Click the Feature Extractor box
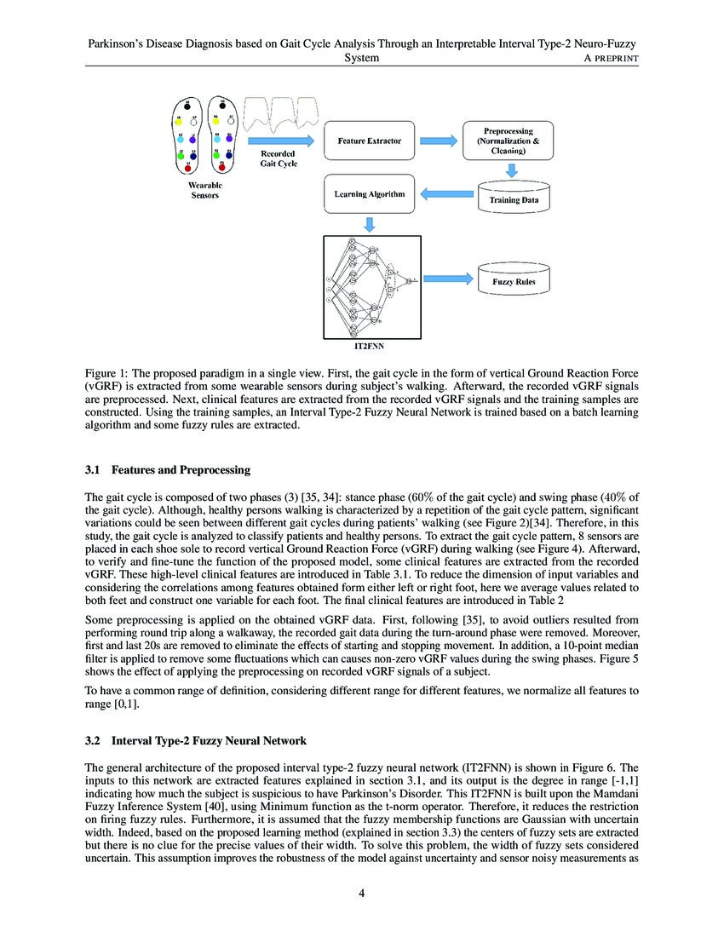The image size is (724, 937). [370, 140]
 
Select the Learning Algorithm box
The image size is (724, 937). [370, 194]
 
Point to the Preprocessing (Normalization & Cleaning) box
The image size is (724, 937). [508, 141]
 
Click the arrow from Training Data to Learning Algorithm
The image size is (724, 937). [447, 195]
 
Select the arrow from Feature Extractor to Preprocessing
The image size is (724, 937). [439, 140]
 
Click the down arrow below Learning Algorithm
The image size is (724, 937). [370, 225]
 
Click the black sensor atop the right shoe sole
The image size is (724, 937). [222, 106]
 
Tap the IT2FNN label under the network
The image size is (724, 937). [369, 347]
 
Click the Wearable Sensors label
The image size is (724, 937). [205, 190]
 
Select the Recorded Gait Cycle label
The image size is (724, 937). [278, 158]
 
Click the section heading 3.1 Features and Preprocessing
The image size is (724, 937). [167, 469]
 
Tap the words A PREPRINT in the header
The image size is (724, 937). [607, 58]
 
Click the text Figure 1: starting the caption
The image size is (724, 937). [109, 373]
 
